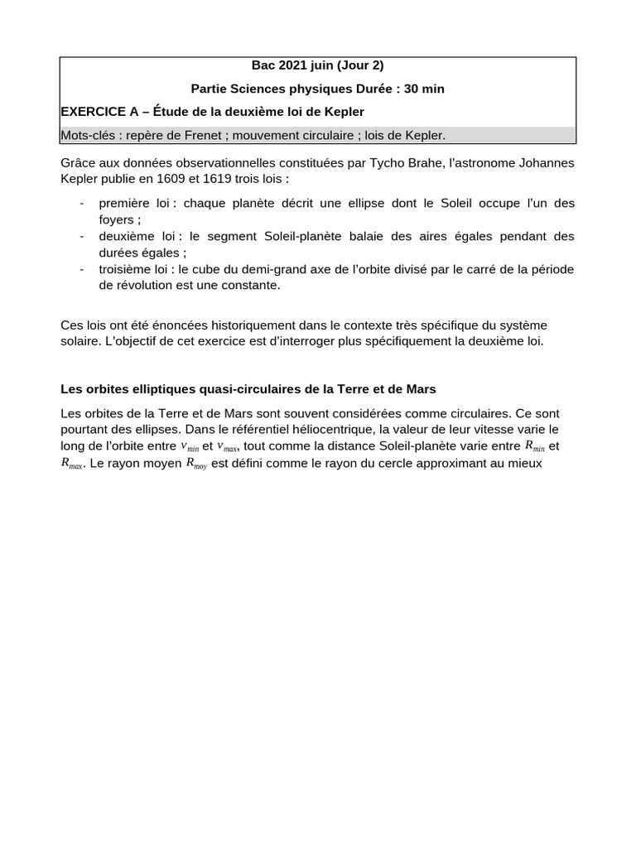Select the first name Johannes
pos(547,163)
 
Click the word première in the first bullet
pos(126,203)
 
